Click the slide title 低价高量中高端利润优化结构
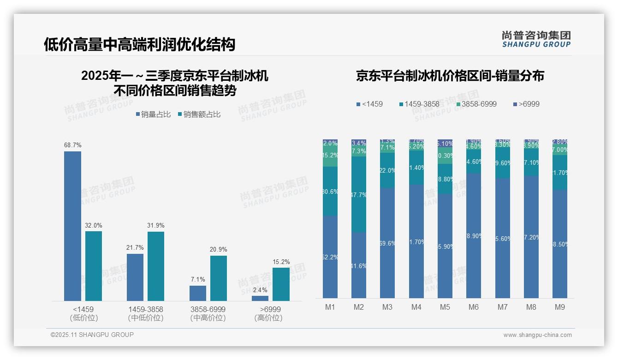(x=139, y=45)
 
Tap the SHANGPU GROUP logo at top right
(x=536, y=39)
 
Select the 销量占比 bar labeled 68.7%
(x=72, y=226)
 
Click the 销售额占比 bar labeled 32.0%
(x=94, y=266)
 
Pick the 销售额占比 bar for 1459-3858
(x=156, y=266)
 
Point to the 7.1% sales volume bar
(x=198, y=293)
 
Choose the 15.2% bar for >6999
(x=281, y=284)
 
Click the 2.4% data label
(x=260, y=290)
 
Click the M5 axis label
(x=445, y=307)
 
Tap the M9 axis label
(x=559, y=307)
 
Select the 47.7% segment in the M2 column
(x=359, y=194)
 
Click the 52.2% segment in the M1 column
(x=330, y=257)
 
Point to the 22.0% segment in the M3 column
(x=387, y=170)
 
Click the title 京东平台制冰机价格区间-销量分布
(x=450, y=76)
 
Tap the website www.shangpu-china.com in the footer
(x=537, y=335)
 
